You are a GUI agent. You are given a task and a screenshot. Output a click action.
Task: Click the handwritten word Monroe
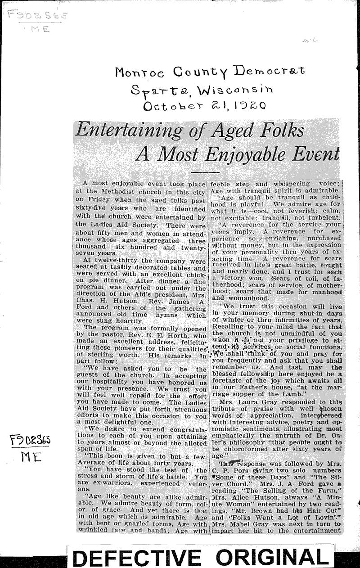pyautogui.click(x=136, y=72)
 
